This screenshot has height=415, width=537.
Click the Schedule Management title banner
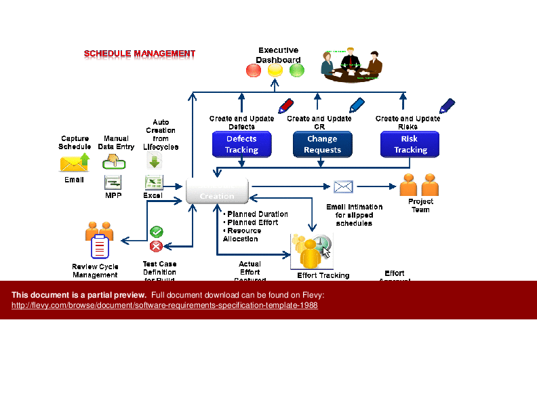pos(139,54)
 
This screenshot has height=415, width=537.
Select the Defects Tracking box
pos(241,144)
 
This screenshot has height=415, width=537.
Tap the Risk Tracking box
pos(410,144)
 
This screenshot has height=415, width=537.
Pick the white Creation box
pos(217,191)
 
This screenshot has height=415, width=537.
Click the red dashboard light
pos(253,71)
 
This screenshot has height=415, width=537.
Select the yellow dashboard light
pos(275,71)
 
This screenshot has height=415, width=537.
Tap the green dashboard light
pos(297,71)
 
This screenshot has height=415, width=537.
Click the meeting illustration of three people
pos(351,64)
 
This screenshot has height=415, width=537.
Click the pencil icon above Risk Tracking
pos(447,106)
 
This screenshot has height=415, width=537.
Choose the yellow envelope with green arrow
pos(75,163)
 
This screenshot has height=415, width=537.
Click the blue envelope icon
pos(343,186)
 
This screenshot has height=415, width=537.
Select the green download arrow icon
pos(155,159)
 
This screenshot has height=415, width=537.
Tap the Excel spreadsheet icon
pos(154,182)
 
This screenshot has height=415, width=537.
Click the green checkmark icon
pos(156,232)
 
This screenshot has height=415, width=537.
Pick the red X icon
pos(156,246)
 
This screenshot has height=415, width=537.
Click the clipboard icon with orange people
pos(99,239)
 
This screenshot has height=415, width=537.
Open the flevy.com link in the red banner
pos(165,305)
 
